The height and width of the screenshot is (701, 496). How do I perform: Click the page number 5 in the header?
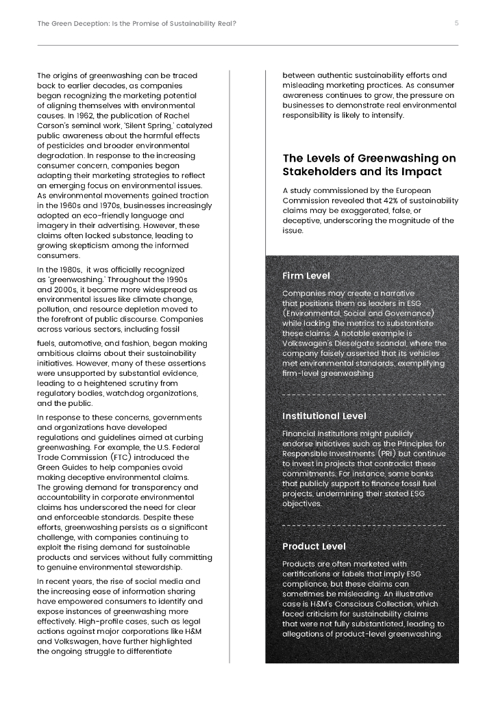point(456,23)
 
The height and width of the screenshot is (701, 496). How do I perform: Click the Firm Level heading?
point(306,276)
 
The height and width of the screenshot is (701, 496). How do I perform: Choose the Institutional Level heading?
point(324,416)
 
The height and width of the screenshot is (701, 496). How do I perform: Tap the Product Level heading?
point(314,546)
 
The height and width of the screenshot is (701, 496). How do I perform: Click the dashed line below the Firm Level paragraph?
point(363,395)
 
